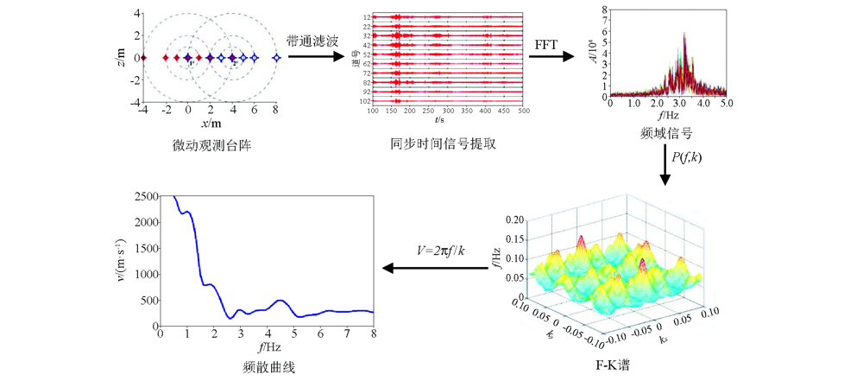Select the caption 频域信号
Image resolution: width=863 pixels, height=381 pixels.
click(666, 135)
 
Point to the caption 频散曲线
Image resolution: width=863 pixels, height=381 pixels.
click(267, 367)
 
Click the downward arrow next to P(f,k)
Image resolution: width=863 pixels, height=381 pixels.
click(665, 173)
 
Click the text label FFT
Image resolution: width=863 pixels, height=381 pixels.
click(546, 43)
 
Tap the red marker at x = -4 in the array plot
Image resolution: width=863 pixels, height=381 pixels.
click(144, 58)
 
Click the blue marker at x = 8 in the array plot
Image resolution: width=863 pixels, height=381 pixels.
click(276, 58)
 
